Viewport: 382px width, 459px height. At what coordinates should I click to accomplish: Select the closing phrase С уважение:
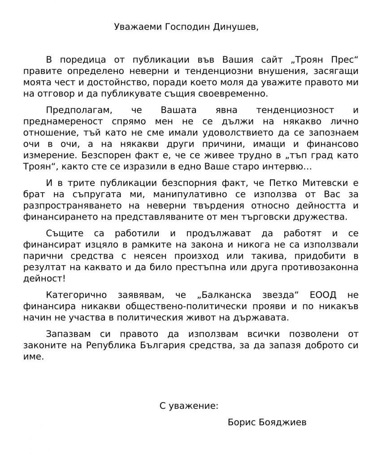pyautogui.click(x=189, y=406)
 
